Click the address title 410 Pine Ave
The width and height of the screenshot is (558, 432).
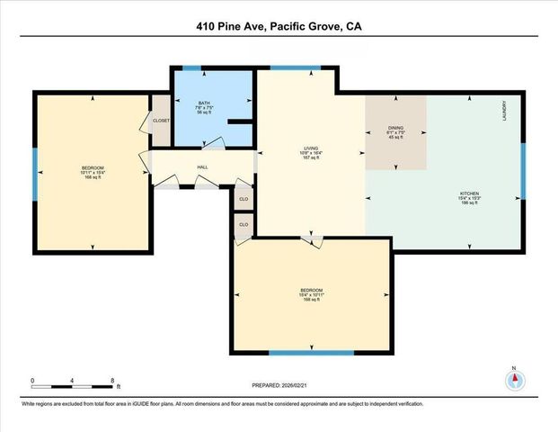(x=279, y=26)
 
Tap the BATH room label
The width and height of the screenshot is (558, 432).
(x=204, y=103)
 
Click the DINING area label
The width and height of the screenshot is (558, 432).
(x=395, y=128)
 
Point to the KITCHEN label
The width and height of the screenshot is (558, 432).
(x=469, y=193)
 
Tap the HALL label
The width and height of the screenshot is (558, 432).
(x=203, y=166)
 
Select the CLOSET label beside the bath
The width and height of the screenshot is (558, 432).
(x=161, y=120)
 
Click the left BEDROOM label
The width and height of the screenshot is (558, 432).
(x=93, y=168)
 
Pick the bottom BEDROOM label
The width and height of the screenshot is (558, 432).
(x=312, y=289)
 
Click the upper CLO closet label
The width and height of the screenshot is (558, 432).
(x=243, y=195)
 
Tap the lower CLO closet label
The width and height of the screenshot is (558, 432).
(x=243, y=222)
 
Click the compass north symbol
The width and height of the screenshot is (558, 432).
(x=515, y=380)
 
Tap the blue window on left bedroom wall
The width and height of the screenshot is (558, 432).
(x=35, y=168)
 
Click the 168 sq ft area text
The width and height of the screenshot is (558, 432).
(x=93, y=178)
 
